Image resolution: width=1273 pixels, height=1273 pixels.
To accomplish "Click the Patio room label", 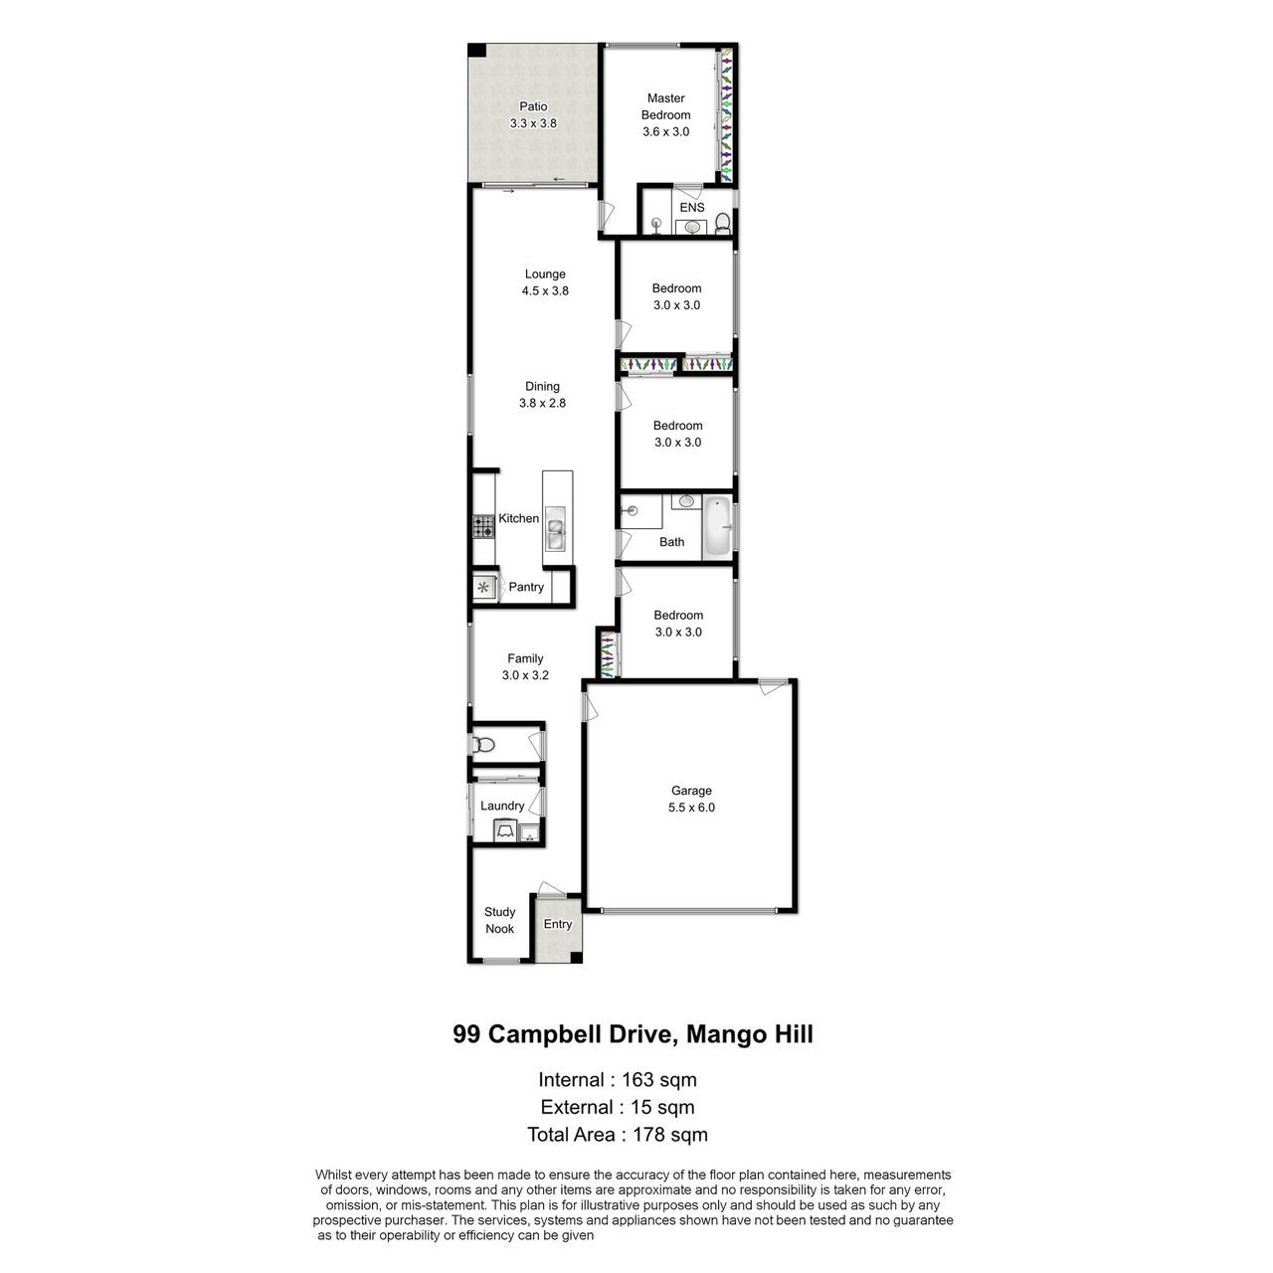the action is point(532,106).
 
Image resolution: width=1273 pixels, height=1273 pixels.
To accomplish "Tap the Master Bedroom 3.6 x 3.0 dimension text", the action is point(665,131).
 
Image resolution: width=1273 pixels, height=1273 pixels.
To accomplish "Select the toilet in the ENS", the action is point(722,223).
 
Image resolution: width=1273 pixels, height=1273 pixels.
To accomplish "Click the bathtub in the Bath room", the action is point(716,526).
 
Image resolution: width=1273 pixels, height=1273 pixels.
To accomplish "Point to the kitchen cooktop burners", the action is point(483,527).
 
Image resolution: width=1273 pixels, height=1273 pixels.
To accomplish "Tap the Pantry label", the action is point(526,587).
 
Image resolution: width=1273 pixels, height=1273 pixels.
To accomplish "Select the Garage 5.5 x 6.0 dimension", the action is point(691,807).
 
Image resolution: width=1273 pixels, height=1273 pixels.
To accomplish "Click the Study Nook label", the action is point(499,920).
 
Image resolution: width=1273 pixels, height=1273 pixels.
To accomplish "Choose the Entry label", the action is point(557,924).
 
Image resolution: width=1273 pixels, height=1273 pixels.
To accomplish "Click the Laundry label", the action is point(502,806).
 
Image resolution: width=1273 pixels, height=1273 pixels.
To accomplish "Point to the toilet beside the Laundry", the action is point(483,745).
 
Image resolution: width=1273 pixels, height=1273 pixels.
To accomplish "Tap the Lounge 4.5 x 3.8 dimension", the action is point(544,290).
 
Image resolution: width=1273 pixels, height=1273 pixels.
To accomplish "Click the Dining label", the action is point(542,387).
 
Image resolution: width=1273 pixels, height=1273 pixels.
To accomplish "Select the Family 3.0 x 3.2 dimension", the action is point(524,675).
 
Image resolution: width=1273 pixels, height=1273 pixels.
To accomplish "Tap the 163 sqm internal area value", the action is point(658,1079).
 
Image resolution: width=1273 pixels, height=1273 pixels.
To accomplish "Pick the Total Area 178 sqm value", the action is point(670,1135).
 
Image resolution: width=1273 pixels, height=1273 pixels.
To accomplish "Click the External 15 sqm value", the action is point(662,1107).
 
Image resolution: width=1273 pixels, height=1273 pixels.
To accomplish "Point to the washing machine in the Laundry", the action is point(504,831).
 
